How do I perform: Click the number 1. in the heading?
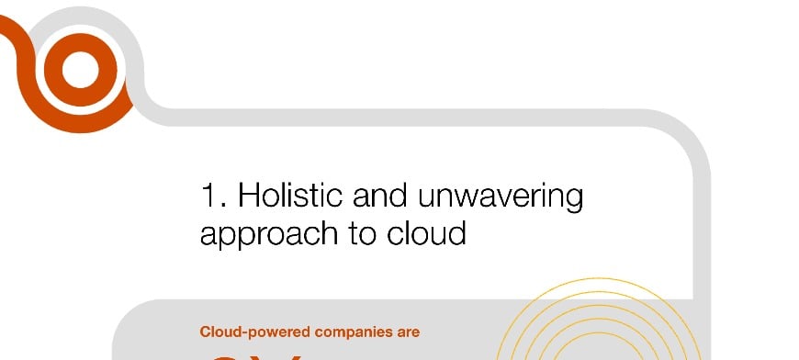(x=213, y=196)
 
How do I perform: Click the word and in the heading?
(x=377, y=196)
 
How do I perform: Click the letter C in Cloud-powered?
(x=205, y=332)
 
